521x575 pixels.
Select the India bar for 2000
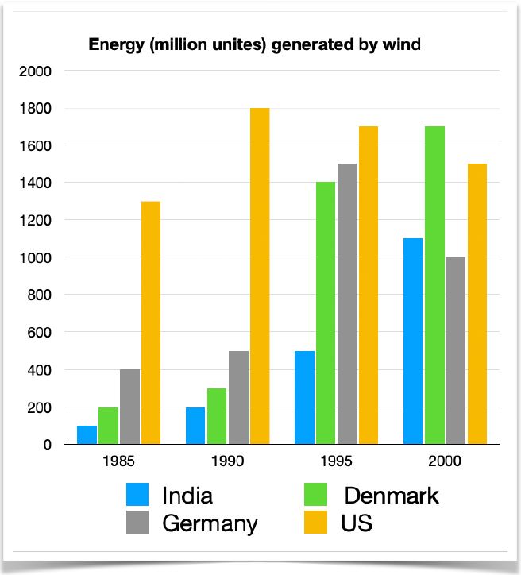tap(412, 342)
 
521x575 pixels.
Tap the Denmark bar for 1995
tap(326, 313)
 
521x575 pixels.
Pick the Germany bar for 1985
tap(130, 407)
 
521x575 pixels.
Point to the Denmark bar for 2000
tap(434, 285)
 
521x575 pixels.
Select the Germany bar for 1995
tap(347, 304)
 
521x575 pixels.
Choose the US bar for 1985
tap(151, 322)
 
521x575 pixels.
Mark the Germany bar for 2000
tap(456, 350)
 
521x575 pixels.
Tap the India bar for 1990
tap(195, 426)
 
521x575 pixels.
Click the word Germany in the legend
tap(210, 523)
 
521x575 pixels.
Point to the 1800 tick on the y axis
tap(36, 108)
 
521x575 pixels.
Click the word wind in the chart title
tap(403, 44)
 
